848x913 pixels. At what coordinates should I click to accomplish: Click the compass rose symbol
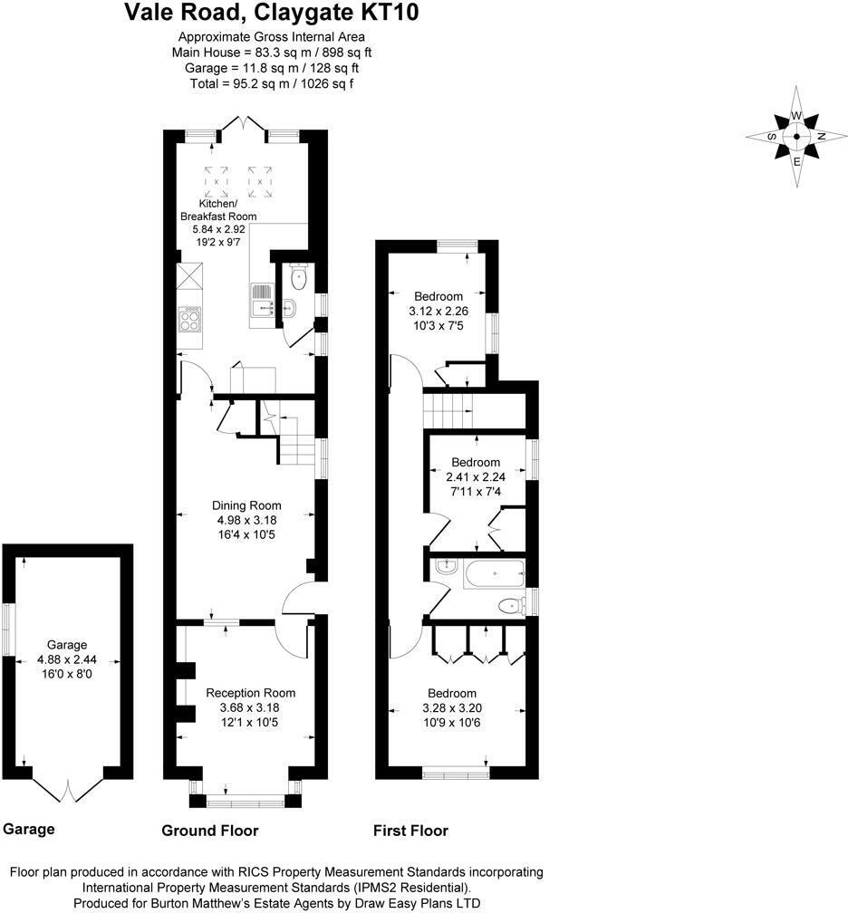coord(796,137)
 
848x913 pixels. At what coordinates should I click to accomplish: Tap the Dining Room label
coord(246,505)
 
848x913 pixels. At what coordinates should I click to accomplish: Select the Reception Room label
coord(250,693)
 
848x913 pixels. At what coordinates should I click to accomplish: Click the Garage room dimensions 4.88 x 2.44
coord(61,659)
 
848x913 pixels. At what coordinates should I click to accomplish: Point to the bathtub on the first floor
coord(494,573)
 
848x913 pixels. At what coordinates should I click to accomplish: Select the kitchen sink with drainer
coord(261,300)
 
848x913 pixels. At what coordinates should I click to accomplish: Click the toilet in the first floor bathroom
coord(511,606)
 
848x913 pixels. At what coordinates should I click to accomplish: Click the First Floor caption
coord(410,831)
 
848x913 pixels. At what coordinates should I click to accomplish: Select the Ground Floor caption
coord(209,831)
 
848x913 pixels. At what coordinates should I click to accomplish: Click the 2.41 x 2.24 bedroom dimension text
coord(476,476)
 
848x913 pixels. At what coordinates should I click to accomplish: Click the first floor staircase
coord(448,411)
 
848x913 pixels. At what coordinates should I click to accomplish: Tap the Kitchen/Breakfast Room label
coord(218,210)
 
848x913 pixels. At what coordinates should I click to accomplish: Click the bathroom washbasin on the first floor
coord(446,567)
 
